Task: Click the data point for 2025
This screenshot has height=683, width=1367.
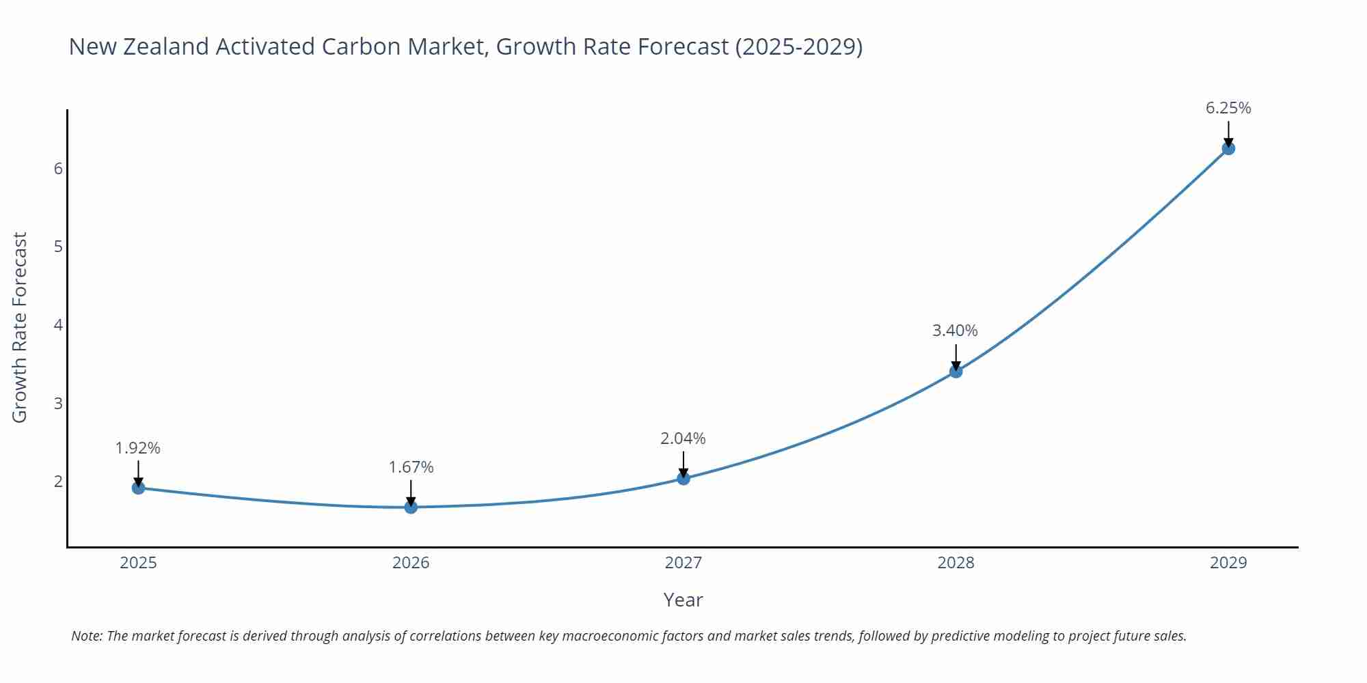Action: [x=138, y=488]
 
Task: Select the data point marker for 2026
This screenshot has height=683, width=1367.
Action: [x=411, y=507]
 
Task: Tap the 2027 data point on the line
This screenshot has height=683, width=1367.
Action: [x=683, y=478]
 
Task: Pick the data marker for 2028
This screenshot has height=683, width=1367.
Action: [x=956, y=371]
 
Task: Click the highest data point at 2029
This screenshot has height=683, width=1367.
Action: [x=1228, y=148]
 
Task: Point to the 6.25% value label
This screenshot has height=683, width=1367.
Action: [x=1228, y=108]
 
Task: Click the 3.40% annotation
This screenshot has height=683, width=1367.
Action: [x=955, y=331]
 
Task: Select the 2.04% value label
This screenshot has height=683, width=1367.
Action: [x=683, y=438]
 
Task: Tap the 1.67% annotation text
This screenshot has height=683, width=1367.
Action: [x=411, y=467]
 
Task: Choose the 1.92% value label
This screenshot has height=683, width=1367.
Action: [x=137, y=448]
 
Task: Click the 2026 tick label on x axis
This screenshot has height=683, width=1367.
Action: [x=411, y=563]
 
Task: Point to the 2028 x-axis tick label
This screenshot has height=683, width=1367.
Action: [x=956, y=563]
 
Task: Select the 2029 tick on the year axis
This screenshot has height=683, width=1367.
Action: [x=1228, y=563]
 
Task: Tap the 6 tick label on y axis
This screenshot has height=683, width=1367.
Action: [x=58, y=168]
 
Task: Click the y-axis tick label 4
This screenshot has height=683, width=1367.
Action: [x=58, y=324]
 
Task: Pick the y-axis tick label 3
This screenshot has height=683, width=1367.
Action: [x=58, y=403]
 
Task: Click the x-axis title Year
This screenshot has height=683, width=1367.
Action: [x=683, y=600]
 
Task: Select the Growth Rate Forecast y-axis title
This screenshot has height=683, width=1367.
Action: [x=20, y=327]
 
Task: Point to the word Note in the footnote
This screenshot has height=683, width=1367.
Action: [x=87, y=636]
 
